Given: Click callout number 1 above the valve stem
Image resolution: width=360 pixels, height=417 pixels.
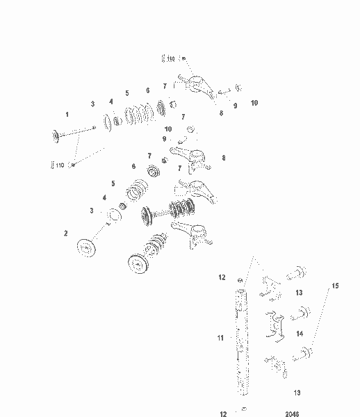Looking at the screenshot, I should click(x=67, y=114).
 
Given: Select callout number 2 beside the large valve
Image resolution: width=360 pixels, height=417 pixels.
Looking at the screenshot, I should click(x=67, y=234).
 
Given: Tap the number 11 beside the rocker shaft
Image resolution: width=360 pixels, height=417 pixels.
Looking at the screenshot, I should click(x=220, y=338).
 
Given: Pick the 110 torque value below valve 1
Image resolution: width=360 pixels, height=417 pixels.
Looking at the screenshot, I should click(x=58, y=165).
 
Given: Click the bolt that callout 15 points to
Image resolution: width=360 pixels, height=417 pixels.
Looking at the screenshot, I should click(x=303, y=357).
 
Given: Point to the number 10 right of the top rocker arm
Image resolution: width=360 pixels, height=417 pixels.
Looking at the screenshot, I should click(x=254, y=103).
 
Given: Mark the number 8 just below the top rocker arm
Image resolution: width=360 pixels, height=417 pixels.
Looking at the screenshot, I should click(x=221, y=113).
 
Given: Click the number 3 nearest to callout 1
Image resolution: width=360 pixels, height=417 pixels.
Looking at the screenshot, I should click(x=92, y=104).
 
